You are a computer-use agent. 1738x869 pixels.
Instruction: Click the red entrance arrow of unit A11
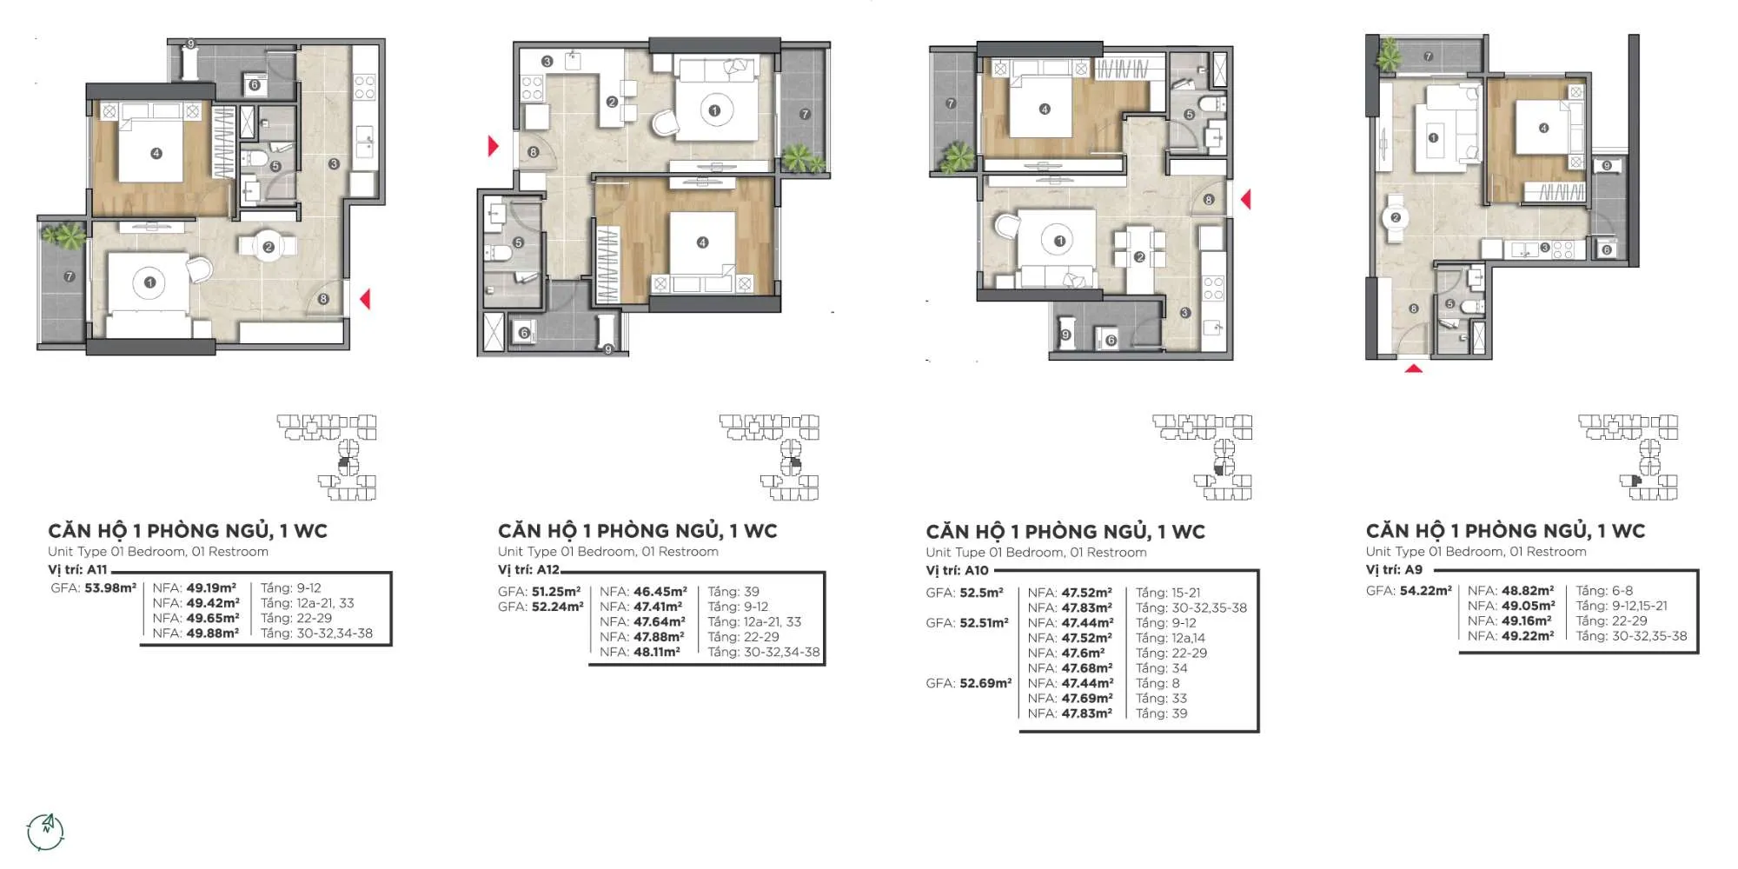(x=366, y=299)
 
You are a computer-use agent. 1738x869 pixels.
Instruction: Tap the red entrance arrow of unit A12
(x=494, y=146)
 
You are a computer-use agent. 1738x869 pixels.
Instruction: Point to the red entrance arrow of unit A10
(x=1245, y=200)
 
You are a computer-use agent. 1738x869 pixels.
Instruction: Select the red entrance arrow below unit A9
(x=1414, y=368)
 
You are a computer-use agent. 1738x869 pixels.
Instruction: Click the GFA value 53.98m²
(x=110, y=588)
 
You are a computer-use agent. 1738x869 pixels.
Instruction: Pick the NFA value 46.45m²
(x=660, y=592)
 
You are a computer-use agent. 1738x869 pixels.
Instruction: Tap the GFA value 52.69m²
(x=985, y=683)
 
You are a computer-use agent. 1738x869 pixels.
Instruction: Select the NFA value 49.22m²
(x=1528, y=636)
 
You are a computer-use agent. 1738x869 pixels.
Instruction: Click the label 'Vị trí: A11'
(x=77, y=570)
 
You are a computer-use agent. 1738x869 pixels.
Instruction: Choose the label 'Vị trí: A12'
(x=528, y=570)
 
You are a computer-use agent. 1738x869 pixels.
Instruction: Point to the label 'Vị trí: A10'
(x=957, y=571)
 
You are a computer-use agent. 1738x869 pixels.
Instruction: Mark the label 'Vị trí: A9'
(x=1394, y=570)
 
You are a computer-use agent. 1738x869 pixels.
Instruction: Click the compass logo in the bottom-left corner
(x=46, y=832)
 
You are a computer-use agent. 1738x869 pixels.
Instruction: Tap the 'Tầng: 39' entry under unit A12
(x=733, y=592)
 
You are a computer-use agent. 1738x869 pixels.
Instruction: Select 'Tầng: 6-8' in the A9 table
(x=1604, y=591)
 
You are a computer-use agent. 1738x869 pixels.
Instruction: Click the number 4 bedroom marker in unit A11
(x=156, y=154)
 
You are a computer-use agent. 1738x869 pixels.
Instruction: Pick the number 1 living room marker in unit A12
(x=714, y=110)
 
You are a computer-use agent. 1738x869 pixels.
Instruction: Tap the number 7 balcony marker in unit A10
(x=951, y=103)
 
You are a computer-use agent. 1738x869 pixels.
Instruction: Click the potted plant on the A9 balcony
(x=1389, y=54)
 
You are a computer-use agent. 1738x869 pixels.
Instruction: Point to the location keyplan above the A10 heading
(x=1203, y=457)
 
